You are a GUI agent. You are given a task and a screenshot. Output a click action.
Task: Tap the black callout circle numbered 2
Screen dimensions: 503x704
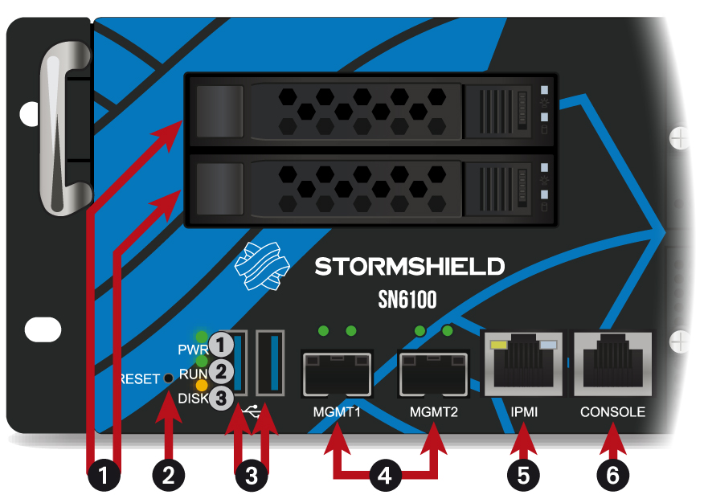(168, 475)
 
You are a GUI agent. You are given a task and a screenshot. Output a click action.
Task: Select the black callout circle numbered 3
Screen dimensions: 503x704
(252, 475)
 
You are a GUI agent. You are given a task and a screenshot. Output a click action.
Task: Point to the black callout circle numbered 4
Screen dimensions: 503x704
(385, 475)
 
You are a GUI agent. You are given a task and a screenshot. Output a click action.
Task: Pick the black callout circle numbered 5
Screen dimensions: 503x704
(523, 475)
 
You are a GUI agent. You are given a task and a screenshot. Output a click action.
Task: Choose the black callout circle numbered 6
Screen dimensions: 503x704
(612, 475)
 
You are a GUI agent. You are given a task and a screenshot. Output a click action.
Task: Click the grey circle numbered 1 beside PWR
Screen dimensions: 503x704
(223, 346)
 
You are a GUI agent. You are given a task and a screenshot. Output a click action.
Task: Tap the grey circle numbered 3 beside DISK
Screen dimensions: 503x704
(223, 398)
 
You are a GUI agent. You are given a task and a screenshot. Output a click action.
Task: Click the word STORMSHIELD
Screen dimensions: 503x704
(409, 266)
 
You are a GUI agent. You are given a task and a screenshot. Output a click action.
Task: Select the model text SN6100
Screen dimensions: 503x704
(407, 300)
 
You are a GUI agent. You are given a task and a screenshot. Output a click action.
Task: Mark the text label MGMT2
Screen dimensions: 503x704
(433, 412)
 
